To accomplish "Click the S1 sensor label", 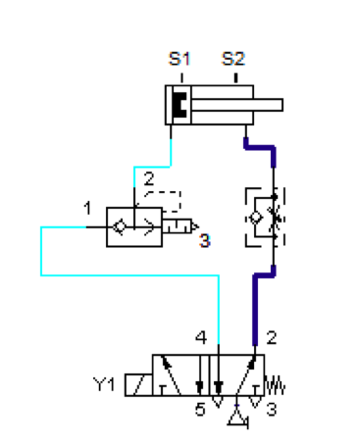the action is coord(180,59).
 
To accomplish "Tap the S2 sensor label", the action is coord(233,59).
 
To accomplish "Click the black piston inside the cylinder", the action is coord(180,105).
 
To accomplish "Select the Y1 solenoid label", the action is coord(104,384).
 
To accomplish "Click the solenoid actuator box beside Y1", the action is coord(138,385).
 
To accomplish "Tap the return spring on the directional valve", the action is coord(275,385).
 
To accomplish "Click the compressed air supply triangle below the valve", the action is coord(237,418).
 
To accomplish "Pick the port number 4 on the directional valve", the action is coord(201,337).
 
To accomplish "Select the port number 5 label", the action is coord(200,409).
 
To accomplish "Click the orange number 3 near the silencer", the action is coord(205,241).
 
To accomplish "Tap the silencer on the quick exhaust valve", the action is coord(180,226).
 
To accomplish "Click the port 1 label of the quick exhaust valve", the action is coord(87,208).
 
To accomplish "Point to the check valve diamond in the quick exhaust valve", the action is coord(119,226).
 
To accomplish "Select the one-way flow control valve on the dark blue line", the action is coord(265,218).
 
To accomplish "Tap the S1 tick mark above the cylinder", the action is coord(182,78).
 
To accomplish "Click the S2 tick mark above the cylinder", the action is coord(236,78).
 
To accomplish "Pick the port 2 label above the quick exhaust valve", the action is coord(149,178).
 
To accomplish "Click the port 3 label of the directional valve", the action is coord(272,409).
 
